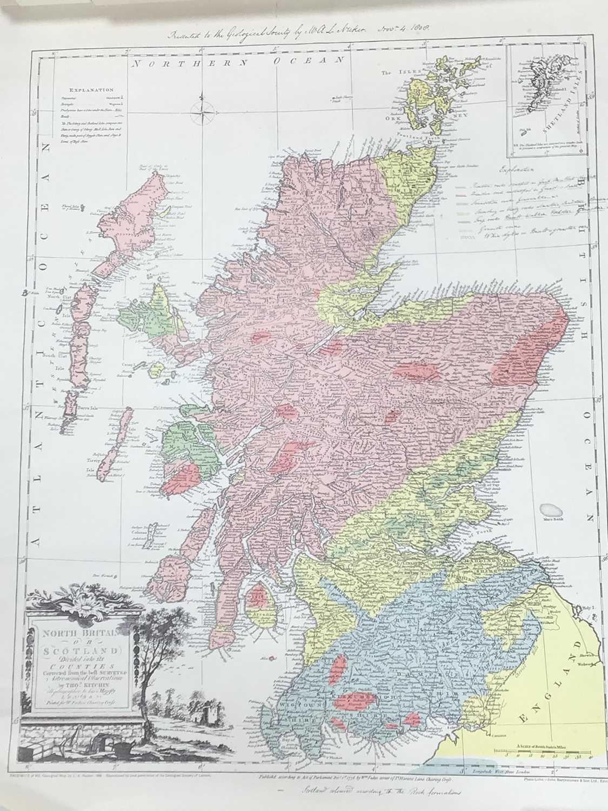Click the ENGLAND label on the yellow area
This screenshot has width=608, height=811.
click(550, 686)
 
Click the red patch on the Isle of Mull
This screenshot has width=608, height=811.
click(185, 479)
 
